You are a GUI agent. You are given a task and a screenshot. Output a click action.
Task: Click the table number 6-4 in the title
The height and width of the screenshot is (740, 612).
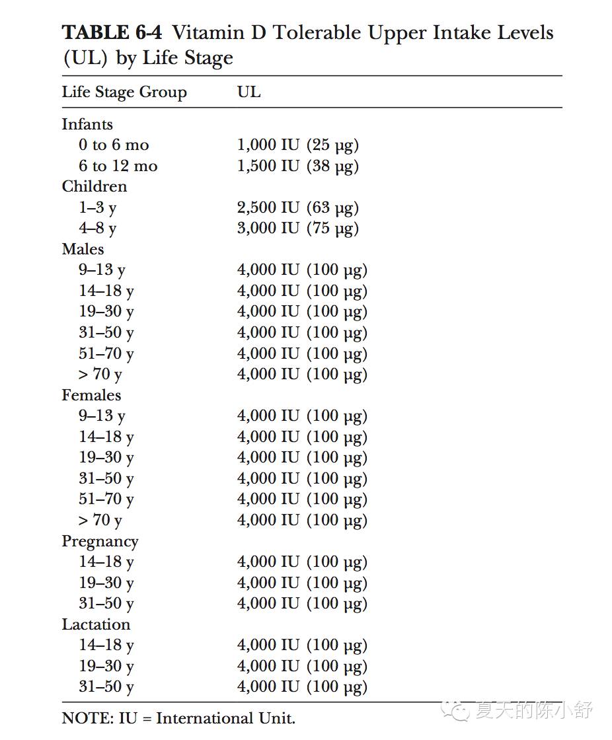point(146,32)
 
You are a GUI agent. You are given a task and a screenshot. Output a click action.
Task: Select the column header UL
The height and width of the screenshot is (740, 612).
point(249,92)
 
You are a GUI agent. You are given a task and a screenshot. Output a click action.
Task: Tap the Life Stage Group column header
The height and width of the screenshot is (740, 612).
point(124,92)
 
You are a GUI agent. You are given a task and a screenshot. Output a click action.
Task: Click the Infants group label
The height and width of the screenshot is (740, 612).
point(87,124)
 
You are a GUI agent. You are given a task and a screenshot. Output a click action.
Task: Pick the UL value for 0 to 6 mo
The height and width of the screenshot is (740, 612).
point(298,145)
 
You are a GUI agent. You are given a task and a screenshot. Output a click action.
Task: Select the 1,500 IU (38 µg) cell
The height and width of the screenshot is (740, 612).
point(298,166)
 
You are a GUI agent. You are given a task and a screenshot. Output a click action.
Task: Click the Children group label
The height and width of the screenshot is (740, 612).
point(95,186)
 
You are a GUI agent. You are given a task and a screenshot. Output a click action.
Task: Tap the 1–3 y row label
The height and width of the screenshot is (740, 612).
point(98,207)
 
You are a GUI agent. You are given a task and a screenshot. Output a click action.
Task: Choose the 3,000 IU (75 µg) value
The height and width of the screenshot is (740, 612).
point(298,228)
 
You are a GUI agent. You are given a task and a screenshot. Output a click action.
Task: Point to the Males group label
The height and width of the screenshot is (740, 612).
point(83,249)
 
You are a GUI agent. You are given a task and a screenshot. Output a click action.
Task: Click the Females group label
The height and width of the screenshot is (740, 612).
point(91,395)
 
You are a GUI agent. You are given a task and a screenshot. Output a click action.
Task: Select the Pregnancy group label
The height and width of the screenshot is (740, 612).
point(100,542)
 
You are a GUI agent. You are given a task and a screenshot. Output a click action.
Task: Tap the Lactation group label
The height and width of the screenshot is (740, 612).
point(96,624)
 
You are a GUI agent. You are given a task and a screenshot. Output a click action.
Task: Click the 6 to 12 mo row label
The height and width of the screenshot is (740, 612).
point(118,166)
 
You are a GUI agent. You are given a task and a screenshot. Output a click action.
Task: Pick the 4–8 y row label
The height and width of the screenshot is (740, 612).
point(98,228)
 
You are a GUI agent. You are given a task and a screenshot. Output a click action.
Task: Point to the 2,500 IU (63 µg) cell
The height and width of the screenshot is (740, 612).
point(298,207)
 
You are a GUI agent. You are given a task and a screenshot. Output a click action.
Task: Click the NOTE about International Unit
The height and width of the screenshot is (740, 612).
point(178,718)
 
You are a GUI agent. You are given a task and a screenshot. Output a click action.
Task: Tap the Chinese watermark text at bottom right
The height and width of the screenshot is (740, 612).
point(533,711)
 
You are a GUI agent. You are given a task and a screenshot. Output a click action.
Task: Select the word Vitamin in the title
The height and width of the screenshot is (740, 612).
point(210,32)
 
